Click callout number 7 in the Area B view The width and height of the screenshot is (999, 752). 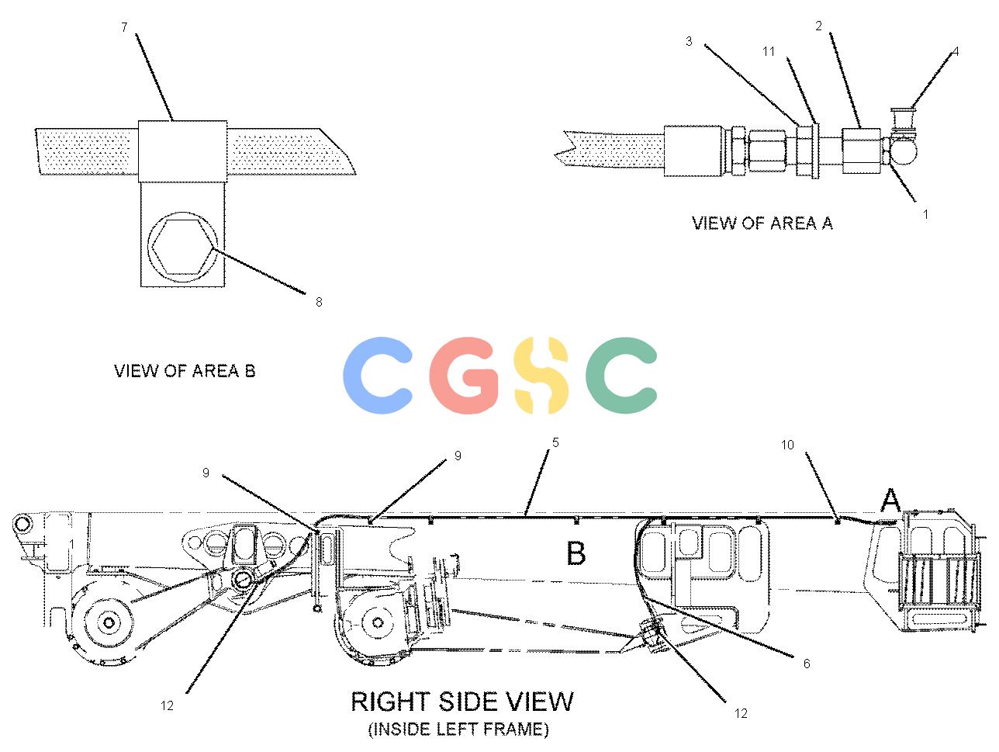pyautogui.click(x=124, y=27)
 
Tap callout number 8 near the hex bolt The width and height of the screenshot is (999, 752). pyautogui.click(x=319, y=302)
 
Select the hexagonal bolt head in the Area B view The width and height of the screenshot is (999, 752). pyautogui.click(x=182, y=247)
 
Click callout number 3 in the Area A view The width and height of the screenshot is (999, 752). pyautogui.click(x=689, y=41)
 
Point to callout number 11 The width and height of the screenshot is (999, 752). pyautogui.click(x=769, y=51)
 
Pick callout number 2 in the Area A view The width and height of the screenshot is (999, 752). pyautogui.click(x=819, y=26)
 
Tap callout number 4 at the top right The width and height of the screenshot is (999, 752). pyautogui.click(x=956, y=51)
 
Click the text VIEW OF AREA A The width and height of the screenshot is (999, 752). pyautogui.click(x=762, y=223)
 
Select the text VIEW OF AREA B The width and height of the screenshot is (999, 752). pyautogui.click(x=185, y=370)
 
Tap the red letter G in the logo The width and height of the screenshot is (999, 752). pyautogui.click(x=463, y=376)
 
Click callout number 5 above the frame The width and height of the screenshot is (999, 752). pyautogui.click(x=555, y=442)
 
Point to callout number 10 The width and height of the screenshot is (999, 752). pyautogui.click(x=787, y=445)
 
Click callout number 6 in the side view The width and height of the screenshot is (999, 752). pyautogui.click(x=807, y=664)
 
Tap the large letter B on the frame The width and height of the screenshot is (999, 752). pyautogui.click(x=576, y=553)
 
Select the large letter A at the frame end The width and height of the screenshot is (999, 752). pyautogui.click(x=890, y=500)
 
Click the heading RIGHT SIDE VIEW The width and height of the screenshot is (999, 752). pyautogui.click(x=462, y=702)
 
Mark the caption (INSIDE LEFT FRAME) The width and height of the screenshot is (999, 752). pyautogui.click(x=458, y=729)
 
